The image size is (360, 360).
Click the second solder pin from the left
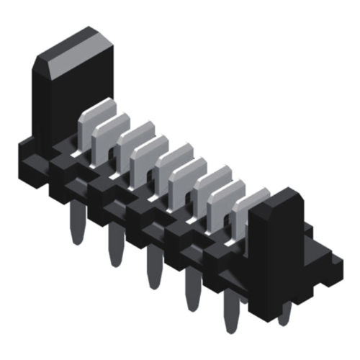[x=114, y=245]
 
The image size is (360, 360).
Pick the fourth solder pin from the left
[x=191, y=292]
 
